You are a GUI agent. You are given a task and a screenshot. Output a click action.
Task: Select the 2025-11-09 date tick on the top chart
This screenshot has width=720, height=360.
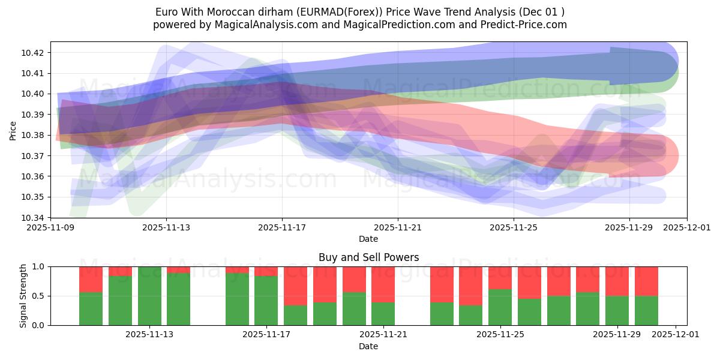tap(50, 228)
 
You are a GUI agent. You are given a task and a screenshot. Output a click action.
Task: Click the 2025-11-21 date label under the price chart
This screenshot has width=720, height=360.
tap(398, 228)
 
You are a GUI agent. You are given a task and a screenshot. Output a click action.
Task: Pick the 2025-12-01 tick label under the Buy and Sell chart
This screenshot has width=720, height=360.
tap(676, 335)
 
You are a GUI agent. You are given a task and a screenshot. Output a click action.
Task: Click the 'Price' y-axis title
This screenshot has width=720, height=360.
tap(13, 130)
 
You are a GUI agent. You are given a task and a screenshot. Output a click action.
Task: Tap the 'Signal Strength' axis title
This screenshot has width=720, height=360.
tap(23, 296)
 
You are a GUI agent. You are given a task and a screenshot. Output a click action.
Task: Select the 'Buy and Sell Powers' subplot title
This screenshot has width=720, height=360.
tap(368, 257)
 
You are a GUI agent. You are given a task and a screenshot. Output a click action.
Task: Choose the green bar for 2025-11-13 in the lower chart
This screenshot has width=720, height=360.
tap(149, 296)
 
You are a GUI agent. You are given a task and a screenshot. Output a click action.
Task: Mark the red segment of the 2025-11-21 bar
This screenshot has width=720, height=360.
tap(383, 284)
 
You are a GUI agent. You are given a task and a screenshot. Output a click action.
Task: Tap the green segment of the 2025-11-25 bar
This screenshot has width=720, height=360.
tap(500, 307)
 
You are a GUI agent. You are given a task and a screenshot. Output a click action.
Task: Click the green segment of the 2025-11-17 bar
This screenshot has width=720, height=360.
tap(266, 300)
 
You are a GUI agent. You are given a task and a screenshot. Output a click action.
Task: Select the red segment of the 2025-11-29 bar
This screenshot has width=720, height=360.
tap(617, 281)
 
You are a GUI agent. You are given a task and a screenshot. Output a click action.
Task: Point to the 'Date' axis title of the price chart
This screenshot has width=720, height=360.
tap(368, 239)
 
